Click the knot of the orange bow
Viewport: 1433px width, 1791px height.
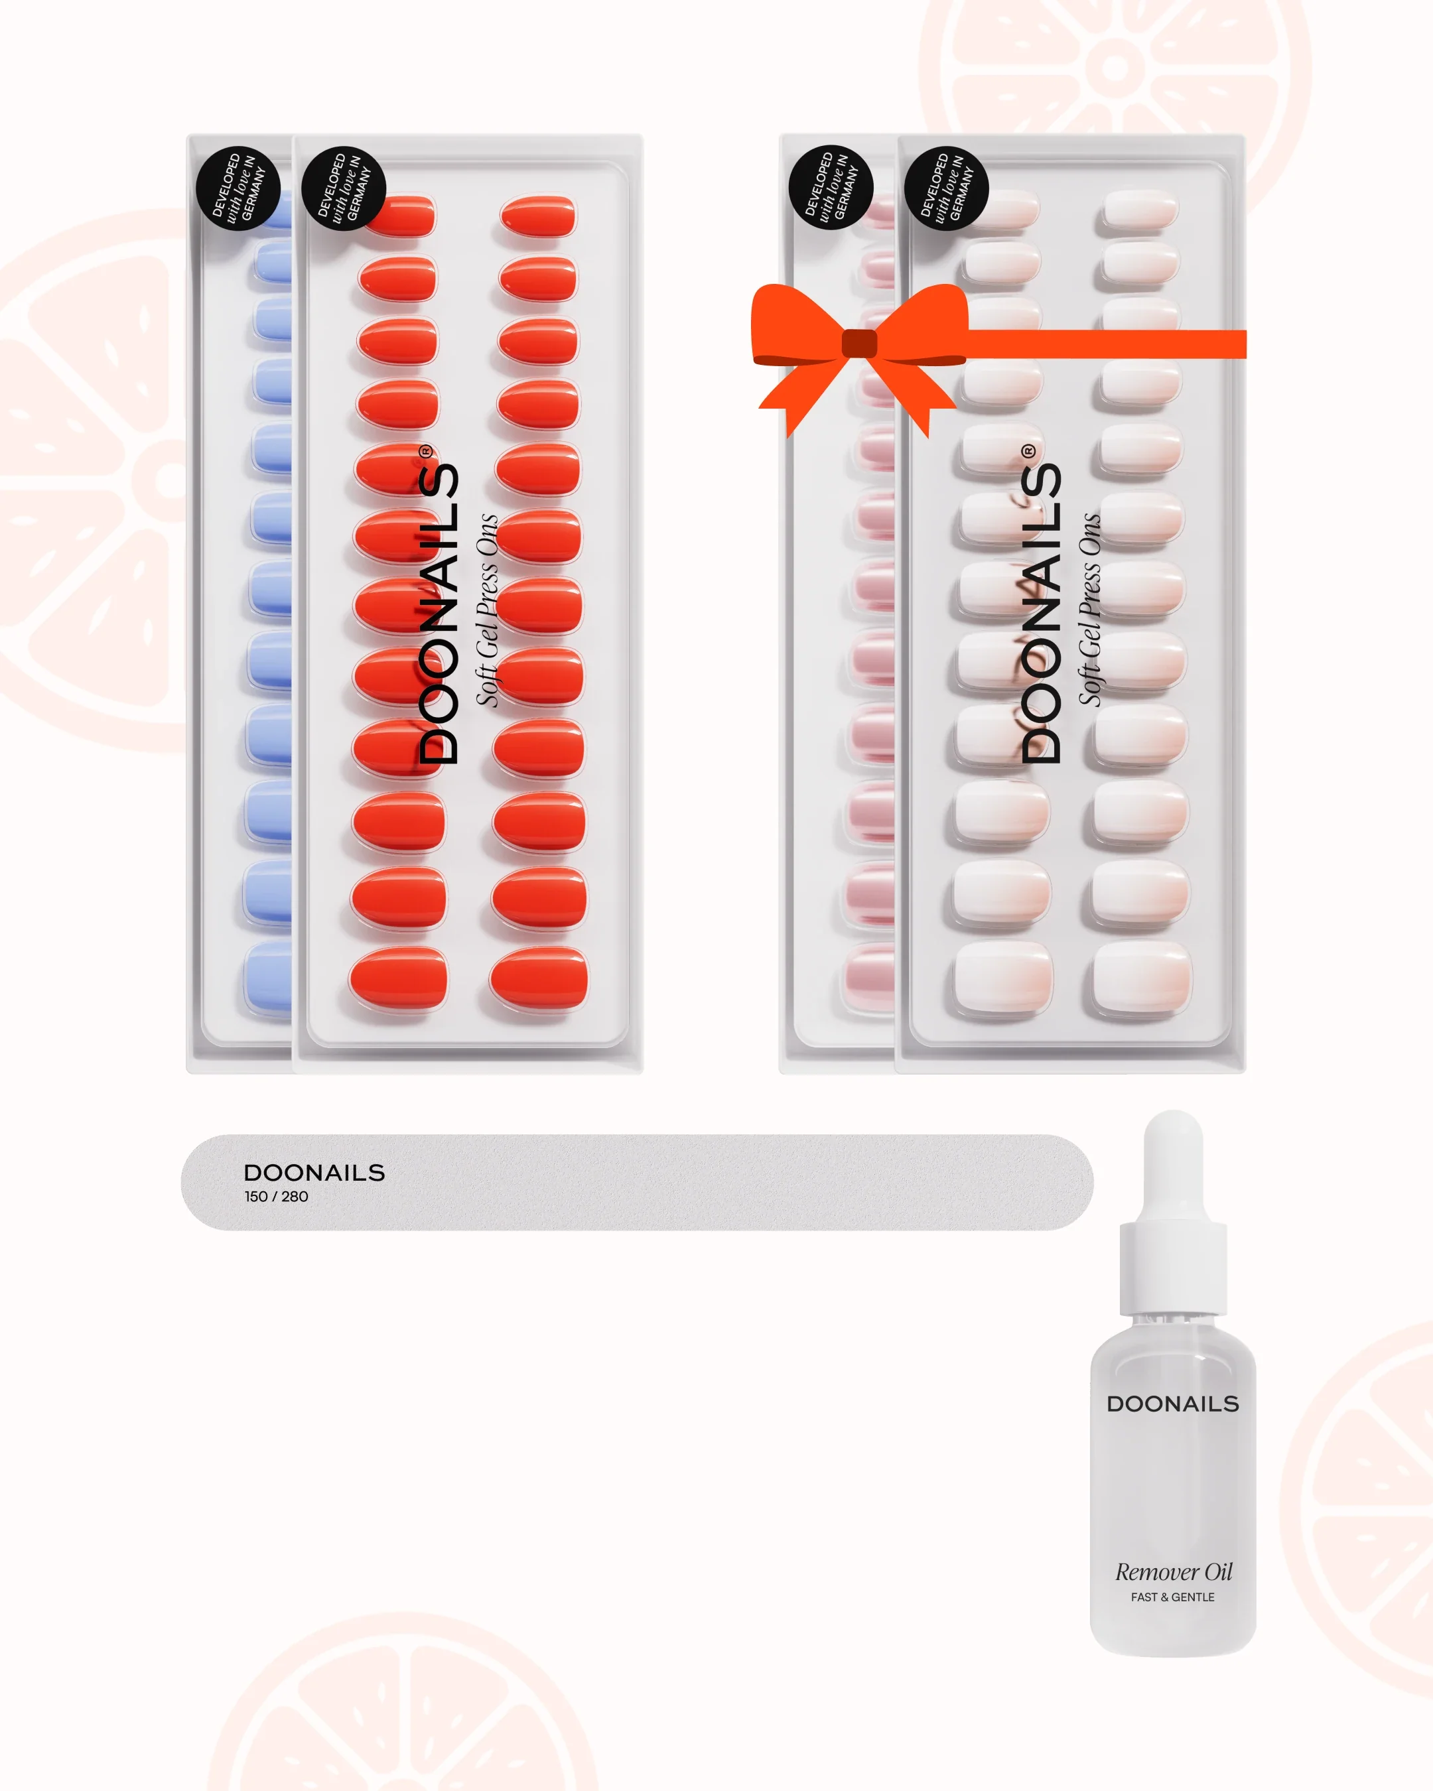(x=859, y=343)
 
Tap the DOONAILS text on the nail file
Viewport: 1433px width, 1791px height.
(x=314, y=1173)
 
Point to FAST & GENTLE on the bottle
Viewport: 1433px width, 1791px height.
(x=1172, y=1597)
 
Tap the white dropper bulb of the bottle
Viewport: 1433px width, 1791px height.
(x=1173, y=1167)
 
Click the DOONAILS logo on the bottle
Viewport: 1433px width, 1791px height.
(x=1172, y=1404)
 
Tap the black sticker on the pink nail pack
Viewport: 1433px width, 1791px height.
(x=830, y=188)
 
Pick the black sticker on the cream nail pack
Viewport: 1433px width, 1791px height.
(x=945, y=188)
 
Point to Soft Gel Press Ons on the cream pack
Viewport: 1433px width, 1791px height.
(x=1089, y=610)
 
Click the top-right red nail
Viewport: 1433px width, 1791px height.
(x=538, y=216)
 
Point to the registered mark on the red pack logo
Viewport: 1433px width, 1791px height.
(x=425, y=451)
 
